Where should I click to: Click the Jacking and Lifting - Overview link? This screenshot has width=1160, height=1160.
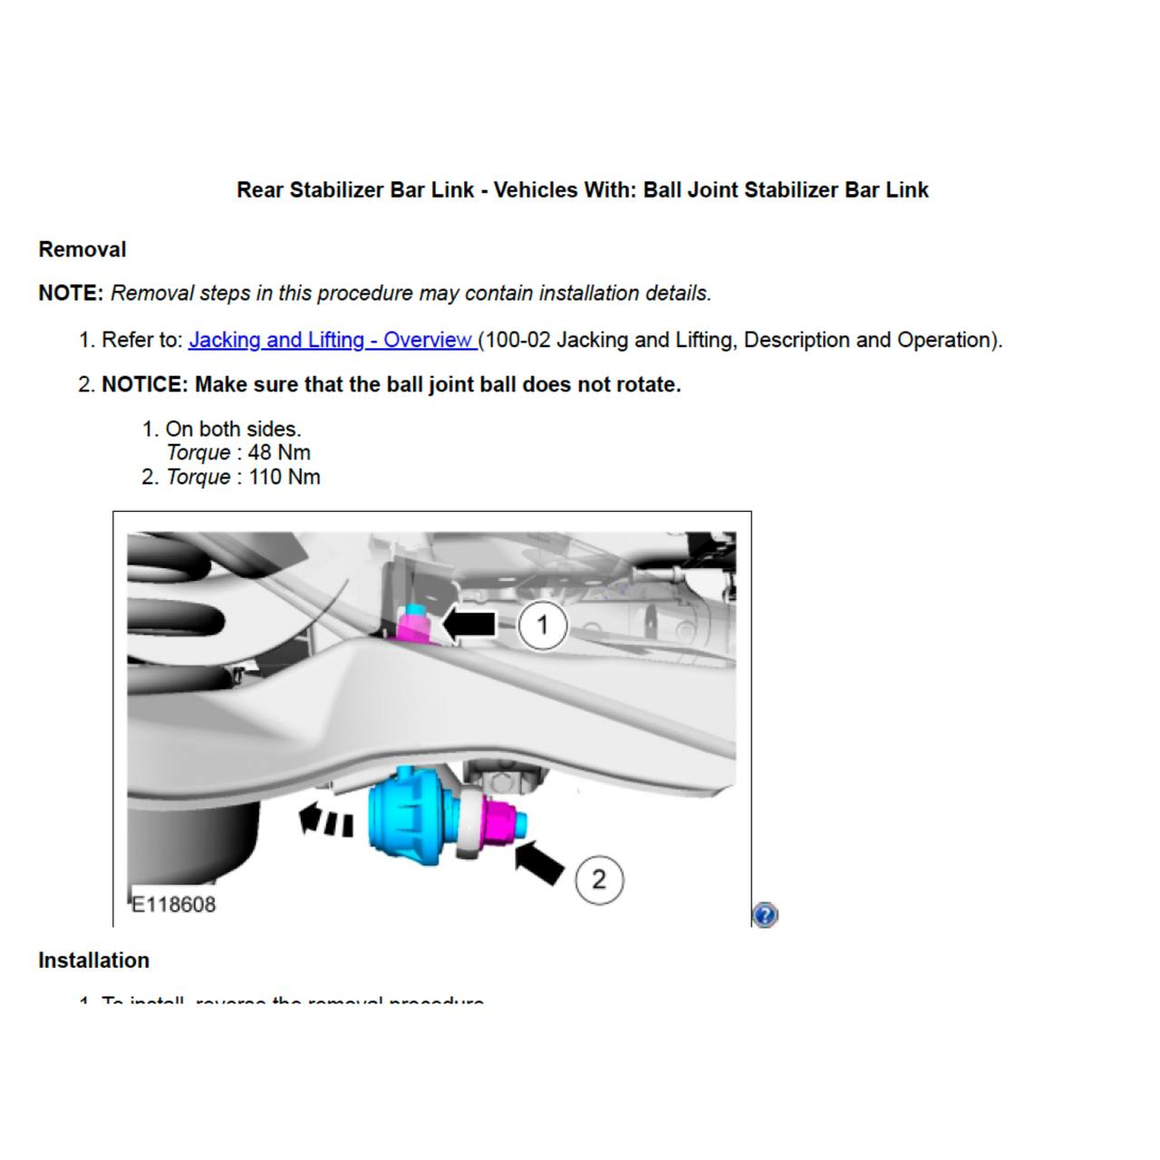coord(331,340)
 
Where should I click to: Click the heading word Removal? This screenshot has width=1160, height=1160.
coord(82,249)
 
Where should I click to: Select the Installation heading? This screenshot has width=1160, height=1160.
coord(93,960)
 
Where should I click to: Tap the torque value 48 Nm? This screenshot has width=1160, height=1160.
coord(279,452)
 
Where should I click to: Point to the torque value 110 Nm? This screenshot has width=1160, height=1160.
coord(284,477)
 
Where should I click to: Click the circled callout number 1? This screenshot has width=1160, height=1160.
coord(542,625)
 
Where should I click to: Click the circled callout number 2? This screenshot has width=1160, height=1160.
coord(598,879)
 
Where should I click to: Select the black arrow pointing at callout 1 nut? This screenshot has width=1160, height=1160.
coord(469,624)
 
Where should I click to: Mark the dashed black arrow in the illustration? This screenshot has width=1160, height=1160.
coord(325,820)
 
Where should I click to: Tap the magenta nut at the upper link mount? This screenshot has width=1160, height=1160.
coord(413,627)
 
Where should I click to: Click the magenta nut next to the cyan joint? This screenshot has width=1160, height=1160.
coord(501,819)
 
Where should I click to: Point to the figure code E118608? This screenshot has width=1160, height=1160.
coord(174,904)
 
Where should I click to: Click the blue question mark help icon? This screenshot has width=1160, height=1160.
coord(765,914)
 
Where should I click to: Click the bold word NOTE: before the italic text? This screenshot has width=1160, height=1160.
coord(71,294)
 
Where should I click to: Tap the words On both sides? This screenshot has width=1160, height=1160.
coord(233,429)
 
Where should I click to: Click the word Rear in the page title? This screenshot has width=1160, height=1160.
coord(259,190)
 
